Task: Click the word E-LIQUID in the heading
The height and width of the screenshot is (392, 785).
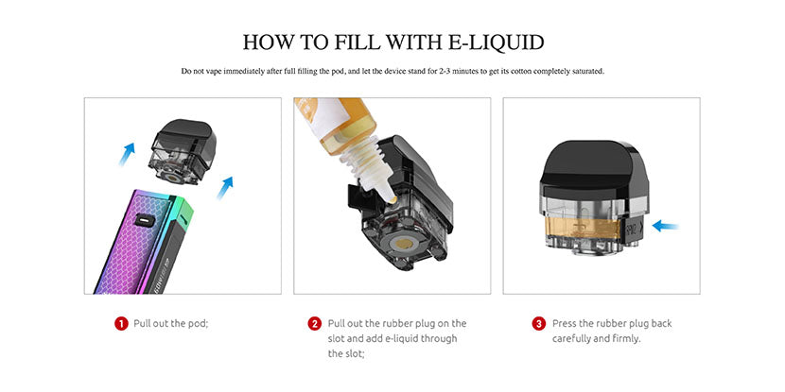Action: click(496, 43)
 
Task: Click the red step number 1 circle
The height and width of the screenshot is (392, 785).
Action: click(121, 323)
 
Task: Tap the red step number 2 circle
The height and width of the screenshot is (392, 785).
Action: click(314, 323)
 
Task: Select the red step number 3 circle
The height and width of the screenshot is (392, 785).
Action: click(539, 323)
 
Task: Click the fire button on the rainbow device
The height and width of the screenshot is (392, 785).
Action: click(144, 220)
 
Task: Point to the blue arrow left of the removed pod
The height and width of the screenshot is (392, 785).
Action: click(127, 154)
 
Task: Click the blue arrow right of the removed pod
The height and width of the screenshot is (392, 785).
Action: click(225, 188)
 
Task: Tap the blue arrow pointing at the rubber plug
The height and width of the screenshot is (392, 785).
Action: click(665, 227)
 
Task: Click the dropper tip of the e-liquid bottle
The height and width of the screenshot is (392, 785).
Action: click(392, 199)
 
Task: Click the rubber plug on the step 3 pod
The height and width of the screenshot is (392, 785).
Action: click(633, 230)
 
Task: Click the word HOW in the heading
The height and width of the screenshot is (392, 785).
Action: click(269, 43)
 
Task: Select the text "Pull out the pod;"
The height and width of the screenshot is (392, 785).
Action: click(171, 323)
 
